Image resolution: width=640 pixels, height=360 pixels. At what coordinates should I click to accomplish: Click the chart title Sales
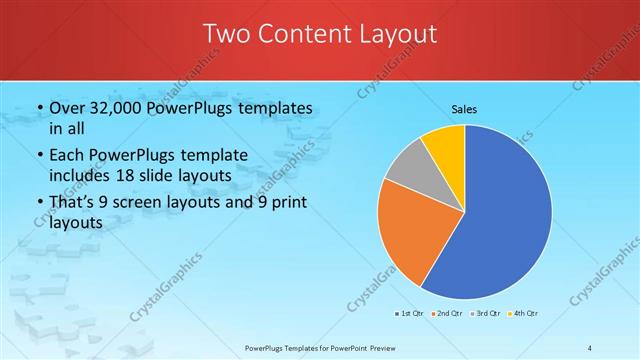(x=464, y=108)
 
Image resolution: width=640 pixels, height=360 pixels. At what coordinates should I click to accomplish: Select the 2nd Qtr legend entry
(x=448, y=315)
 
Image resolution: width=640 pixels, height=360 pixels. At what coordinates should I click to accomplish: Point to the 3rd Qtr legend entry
(x=487, y=315)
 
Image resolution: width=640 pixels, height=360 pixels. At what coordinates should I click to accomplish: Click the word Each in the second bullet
(x=68, y=156)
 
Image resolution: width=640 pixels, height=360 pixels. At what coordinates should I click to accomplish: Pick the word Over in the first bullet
(x=68, y=108)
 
